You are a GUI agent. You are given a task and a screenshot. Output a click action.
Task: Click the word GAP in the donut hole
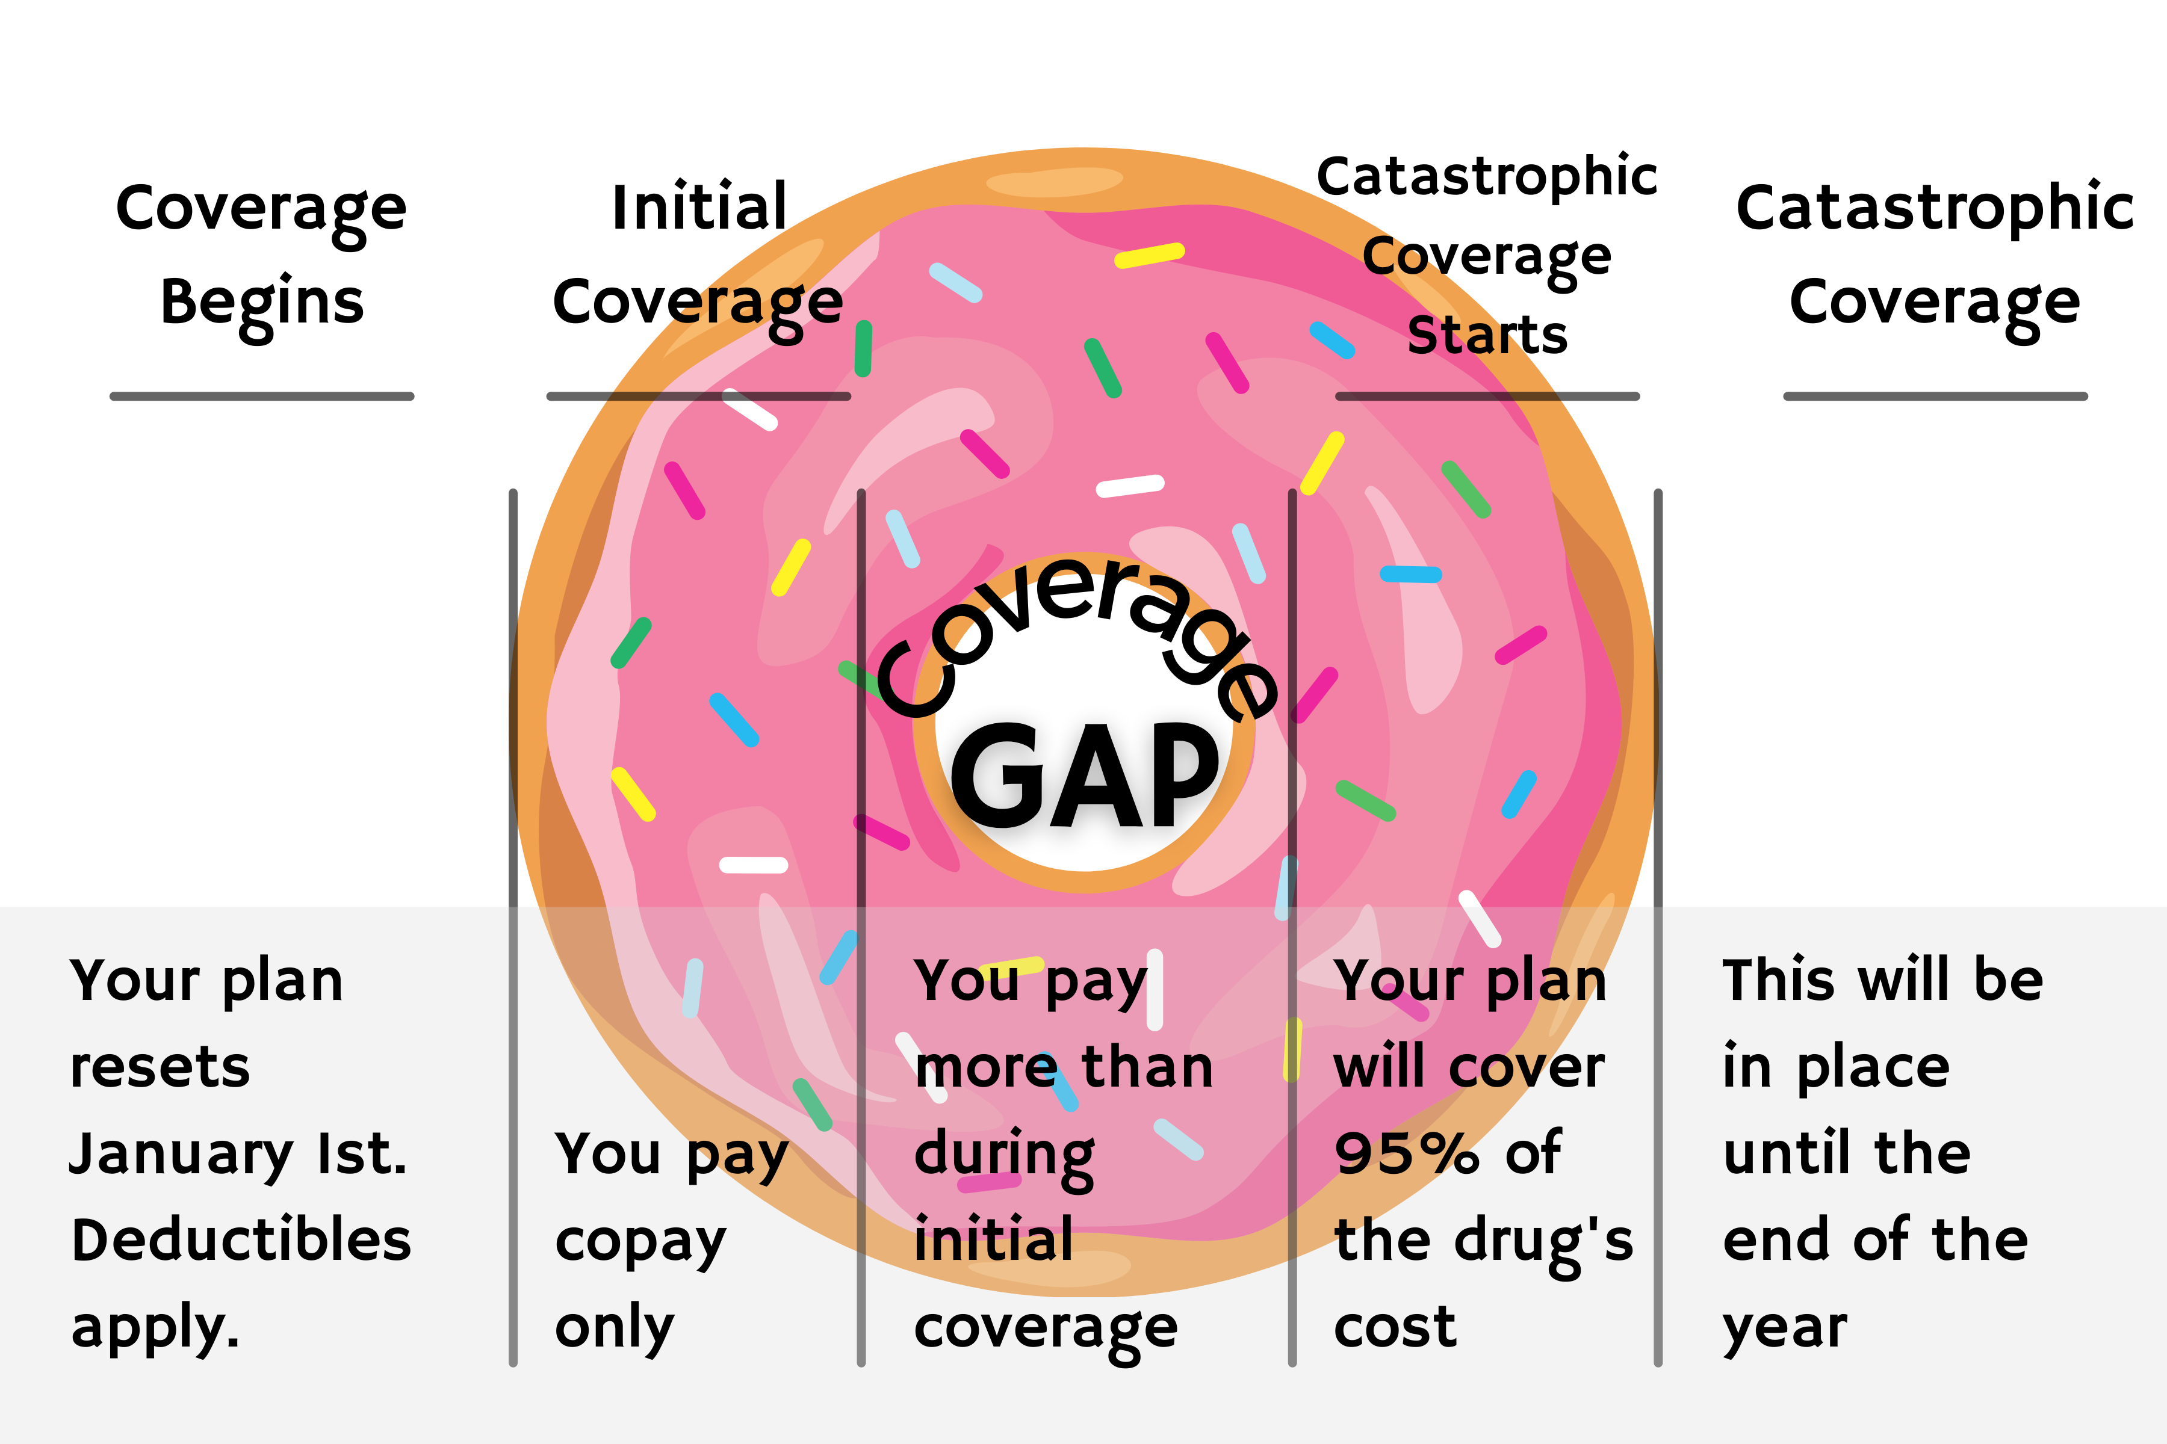(1085, 776)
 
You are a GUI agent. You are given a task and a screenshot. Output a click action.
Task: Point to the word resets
(160, 1069)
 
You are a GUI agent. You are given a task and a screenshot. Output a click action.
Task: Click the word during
(1004, 1156)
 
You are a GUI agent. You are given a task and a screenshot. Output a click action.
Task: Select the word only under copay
(615, 1329)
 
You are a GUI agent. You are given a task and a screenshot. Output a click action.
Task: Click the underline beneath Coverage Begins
(262, 396)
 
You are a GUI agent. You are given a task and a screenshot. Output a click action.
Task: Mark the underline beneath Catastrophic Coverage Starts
(1487, 396)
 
